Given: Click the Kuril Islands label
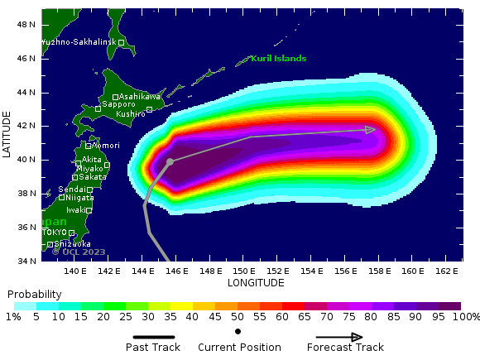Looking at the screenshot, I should coord(279,59).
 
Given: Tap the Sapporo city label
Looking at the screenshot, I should coord(118,104).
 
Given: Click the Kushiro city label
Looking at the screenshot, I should coord(130,113).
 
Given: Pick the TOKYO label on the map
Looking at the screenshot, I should coord(55,233).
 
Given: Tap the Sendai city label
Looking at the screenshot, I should coord(72,190).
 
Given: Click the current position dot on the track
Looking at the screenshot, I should coord(170,162).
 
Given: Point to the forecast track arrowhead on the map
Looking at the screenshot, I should coord(371,129).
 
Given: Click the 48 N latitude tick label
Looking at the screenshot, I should coord(26,25).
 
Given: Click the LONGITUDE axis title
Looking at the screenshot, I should coord(256,283).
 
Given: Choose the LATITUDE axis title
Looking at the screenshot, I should coord(7,135).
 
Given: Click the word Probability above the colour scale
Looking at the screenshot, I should coord(34,295).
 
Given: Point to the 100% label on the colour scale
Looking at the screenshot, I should coord(466,317).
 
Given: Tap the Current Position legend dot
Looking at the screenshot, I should coord(238,331).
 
